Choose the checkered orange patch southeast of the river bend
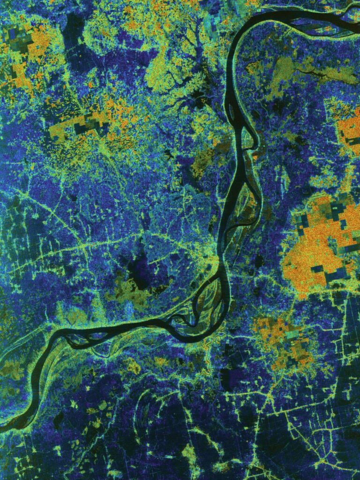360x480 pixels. pos(281,337)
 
